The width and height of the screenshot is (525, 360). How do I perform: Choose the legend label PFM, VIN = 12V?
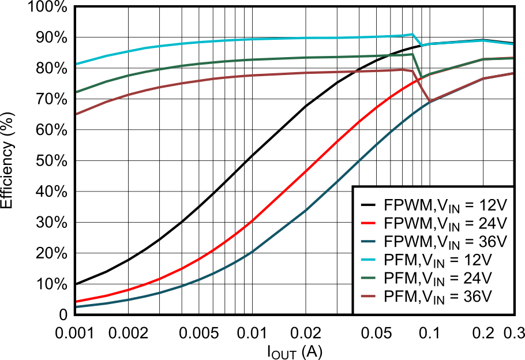tap(437, 260)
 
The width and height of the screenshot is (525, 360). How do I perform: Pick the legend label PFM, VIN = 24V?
tap(437, 279)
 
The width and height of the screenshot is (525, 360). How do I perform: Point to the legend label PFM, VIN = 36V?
tap(437, 297)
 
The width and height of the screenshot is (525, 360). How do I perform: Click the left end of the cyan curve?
tap(77, 63)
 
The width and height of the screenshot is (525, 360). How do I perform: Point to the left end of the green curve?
tap(77, 92)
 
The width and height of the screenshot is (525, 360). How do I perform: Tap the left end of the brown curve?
tap(77, 114)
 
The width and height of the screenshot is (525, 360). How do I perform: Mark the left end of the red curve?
tap(77, 301)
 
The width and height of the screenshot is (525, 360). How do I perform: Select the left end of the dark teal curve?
tap(77, 307)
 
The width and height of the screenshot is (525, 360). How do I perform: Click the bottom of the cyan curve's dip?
tap(422, 45)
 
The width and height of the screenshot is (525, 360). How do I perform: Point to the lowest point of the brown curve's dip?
tap(430, 102)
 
